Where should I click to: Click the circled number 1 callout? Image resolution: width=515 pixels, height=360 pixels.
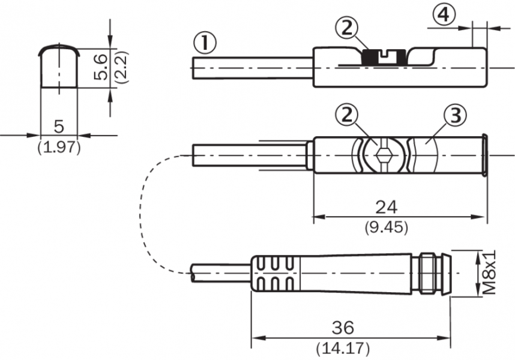click(205, 43)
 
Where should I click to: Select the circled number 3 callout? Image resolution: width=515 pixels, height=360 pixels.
click(454, 116)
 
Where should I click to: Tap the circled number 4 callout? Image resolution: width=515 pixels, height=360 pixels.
click(442, 15)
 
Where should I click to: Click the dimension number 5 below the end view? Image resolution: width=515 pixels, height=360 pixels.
click(59, 126)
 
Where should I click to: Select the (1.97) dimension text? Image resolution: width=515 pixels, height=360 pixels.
click(59, 146)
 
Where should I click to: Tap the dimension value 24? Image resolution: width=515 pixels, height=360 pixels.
click(386, 207)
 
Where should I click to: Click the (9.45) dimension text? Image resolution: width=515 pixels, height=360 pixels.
click(386, 227)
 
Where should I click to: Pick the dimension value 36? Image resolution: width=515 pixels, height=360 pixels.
click(343, 328)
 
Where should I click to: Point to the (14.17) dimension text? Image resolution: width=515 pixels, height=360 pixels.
click(343, 348)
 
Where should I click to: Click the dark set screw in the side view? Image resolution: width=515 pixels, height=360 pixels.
click(379, 58)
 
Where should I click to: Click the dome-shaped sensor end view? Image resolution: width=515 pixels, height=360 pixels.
click(59, 66)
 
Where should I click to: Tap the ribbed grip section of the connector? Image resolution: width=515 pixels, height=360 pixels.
click(273, 274)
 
